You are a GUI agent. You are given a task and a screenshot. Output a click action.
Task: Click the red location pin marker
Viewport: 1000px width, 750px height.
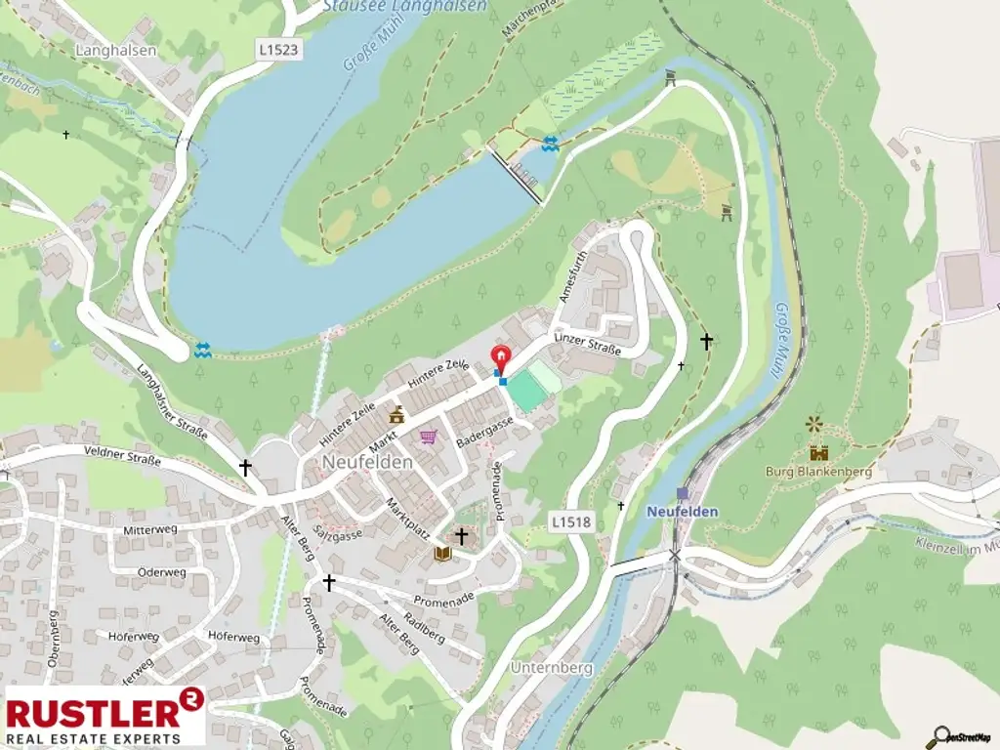[500, 358]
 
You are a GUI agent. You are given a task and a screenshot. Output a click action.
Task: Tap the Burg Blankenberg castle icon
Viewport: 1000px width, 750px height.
[818, 452]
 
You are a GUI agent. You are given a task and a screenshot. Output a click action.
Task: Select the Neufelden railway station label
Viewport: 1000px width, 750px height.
[682, 511]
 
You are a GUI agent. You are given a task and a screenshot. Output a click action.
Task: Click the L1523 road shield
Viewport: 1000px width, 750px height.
[279, 46]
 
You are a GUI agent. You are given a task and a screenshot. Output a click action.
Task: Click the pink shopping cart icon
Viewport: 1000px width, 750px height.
[427, 437]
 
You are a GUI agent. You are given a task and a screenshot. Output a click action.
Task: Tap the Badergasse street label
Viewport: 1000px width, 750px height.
[484, 431]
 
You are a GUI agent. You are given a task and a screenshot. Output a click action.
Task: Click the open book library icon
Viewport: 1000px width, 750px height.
[442, 554]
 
